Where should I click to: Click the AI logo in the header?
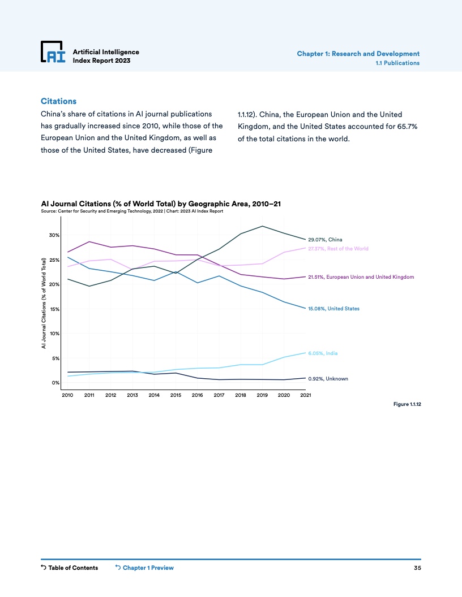point(53,52)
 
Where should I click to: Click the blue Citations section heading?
point(58,101)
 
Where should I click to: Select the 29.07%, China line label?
point(325,240)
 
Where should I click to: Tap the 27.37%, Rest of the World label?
point(338,249)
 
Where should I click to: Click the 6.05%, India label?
point(323,353)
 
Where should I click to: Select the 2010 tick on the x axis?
point(67,396)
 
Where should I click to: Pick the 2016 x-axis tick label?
point(197,396)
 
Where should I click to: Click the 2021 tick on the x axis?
point(306,396)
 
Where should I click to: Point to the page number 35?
point(417,568)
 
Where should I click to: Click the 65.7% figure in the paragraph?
point(406,127)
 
